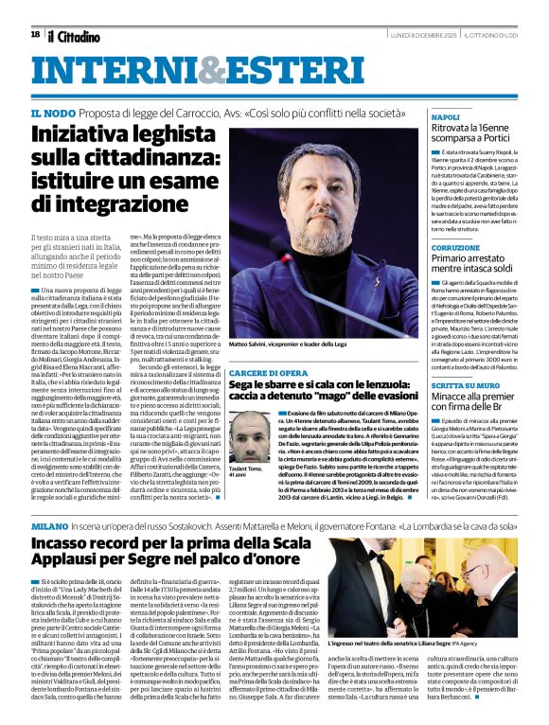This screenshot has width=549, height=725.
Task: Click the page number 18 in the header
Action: [x=35, y=34]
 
